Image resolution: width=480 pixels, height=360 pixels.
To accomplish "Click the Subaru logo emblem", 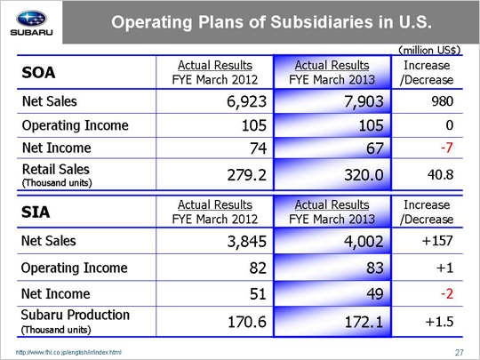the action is [31, 19].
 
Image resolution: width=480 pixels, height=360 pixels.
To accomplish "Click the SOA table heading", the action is [38, 73].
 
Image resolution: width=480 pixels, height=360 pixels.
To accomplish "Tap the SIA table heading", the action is [36, 212].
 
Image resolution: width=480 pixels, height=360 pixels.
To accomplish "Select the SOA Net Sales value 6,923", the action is [246, 101].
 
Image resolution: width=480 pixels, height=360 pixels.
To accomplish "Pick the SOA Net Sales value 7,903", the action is [364, 101].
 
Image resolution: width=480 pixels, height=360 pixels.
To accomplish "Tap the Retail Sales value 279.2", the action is [247, 175].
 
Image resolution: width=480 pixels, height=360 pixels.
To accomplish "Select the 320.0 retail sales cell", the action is [364, 175].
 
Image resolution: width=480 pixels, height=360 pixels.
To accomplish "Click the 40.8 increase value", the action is [441, 174].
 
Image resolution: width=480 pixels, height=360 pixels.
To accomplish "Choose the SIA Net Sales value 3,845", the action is [247, 241].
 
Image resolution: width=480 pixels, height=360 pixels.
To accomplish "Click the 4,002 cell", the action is [364, 241].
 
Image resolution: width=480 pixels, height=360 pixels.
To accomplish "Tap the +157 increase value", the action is [437, 241].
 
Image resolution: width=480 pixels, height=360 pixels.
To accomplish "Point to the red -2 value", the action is [447, 294].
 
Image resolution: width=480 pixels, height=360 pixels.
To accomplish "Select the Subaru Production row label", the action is [76, 321].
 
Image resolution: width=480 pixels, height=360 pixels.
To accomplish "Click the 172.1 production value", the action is [364, 322].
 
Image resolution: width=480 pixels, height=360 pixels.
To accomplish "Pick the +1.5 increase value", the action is [439, 322].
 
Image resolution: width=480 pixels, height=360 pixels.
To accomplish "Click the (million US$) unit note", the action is [429, 50].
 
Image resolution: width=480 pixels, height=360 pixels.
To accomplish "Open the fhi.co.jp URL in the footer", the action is [68, 352].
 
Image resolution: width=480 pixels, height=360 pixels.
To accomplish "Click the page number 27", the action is [460, 353].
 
